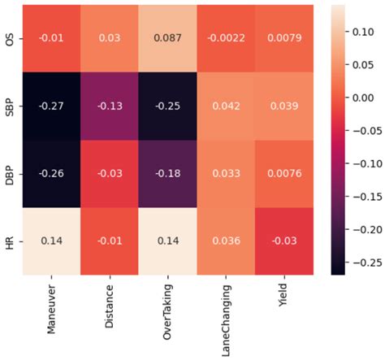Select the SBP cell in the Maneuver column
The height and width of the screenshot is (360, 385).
tap(52, 106)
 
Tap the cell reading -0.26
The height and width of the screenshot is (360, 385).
tap(52, 174)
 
